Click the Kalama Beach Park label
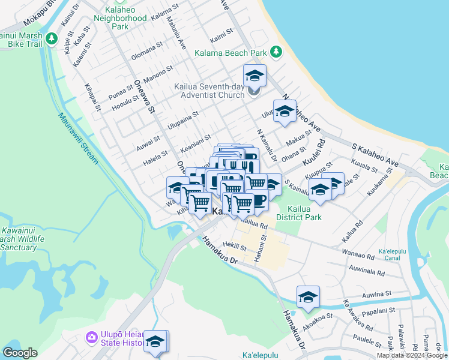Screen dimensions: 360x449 [230, 53]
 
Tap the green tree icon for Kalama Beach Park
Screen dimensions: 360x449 [277, 52]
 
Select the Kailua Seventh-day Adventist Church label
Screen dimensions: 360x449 [209, 91]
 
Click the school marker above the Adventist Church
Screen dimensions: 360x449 [255, 76]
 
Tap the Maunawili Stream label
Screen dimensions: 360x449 [79, 138]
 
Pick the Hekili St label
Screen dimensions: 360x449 [234, 246]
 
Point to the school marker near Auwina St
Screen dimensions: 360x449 [308, 297]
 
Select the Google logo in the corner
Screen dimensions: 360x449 [20, 353]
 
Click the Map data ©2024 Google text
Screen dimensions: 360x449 [412, 355]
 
